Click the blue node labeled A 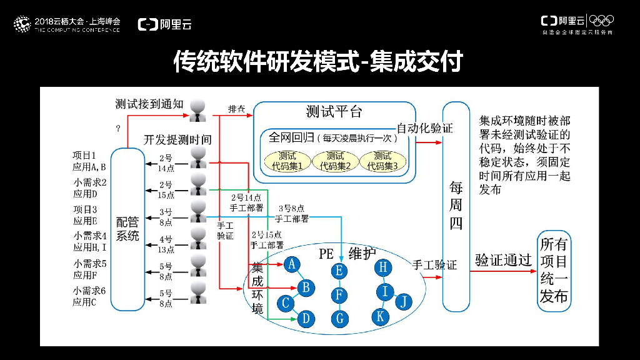[291, 264]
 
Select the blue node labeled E [339, 271]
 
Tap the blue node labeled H [384, 267]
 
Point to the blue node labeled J [404, 302]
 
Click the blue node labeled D [306, 319]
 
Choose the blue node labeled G [339, 318]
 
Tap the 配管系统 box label [128, 229]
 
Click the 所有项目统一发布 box [554, 270]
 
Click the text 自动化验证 [424, 128]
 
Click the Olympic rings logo [601, 21]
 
